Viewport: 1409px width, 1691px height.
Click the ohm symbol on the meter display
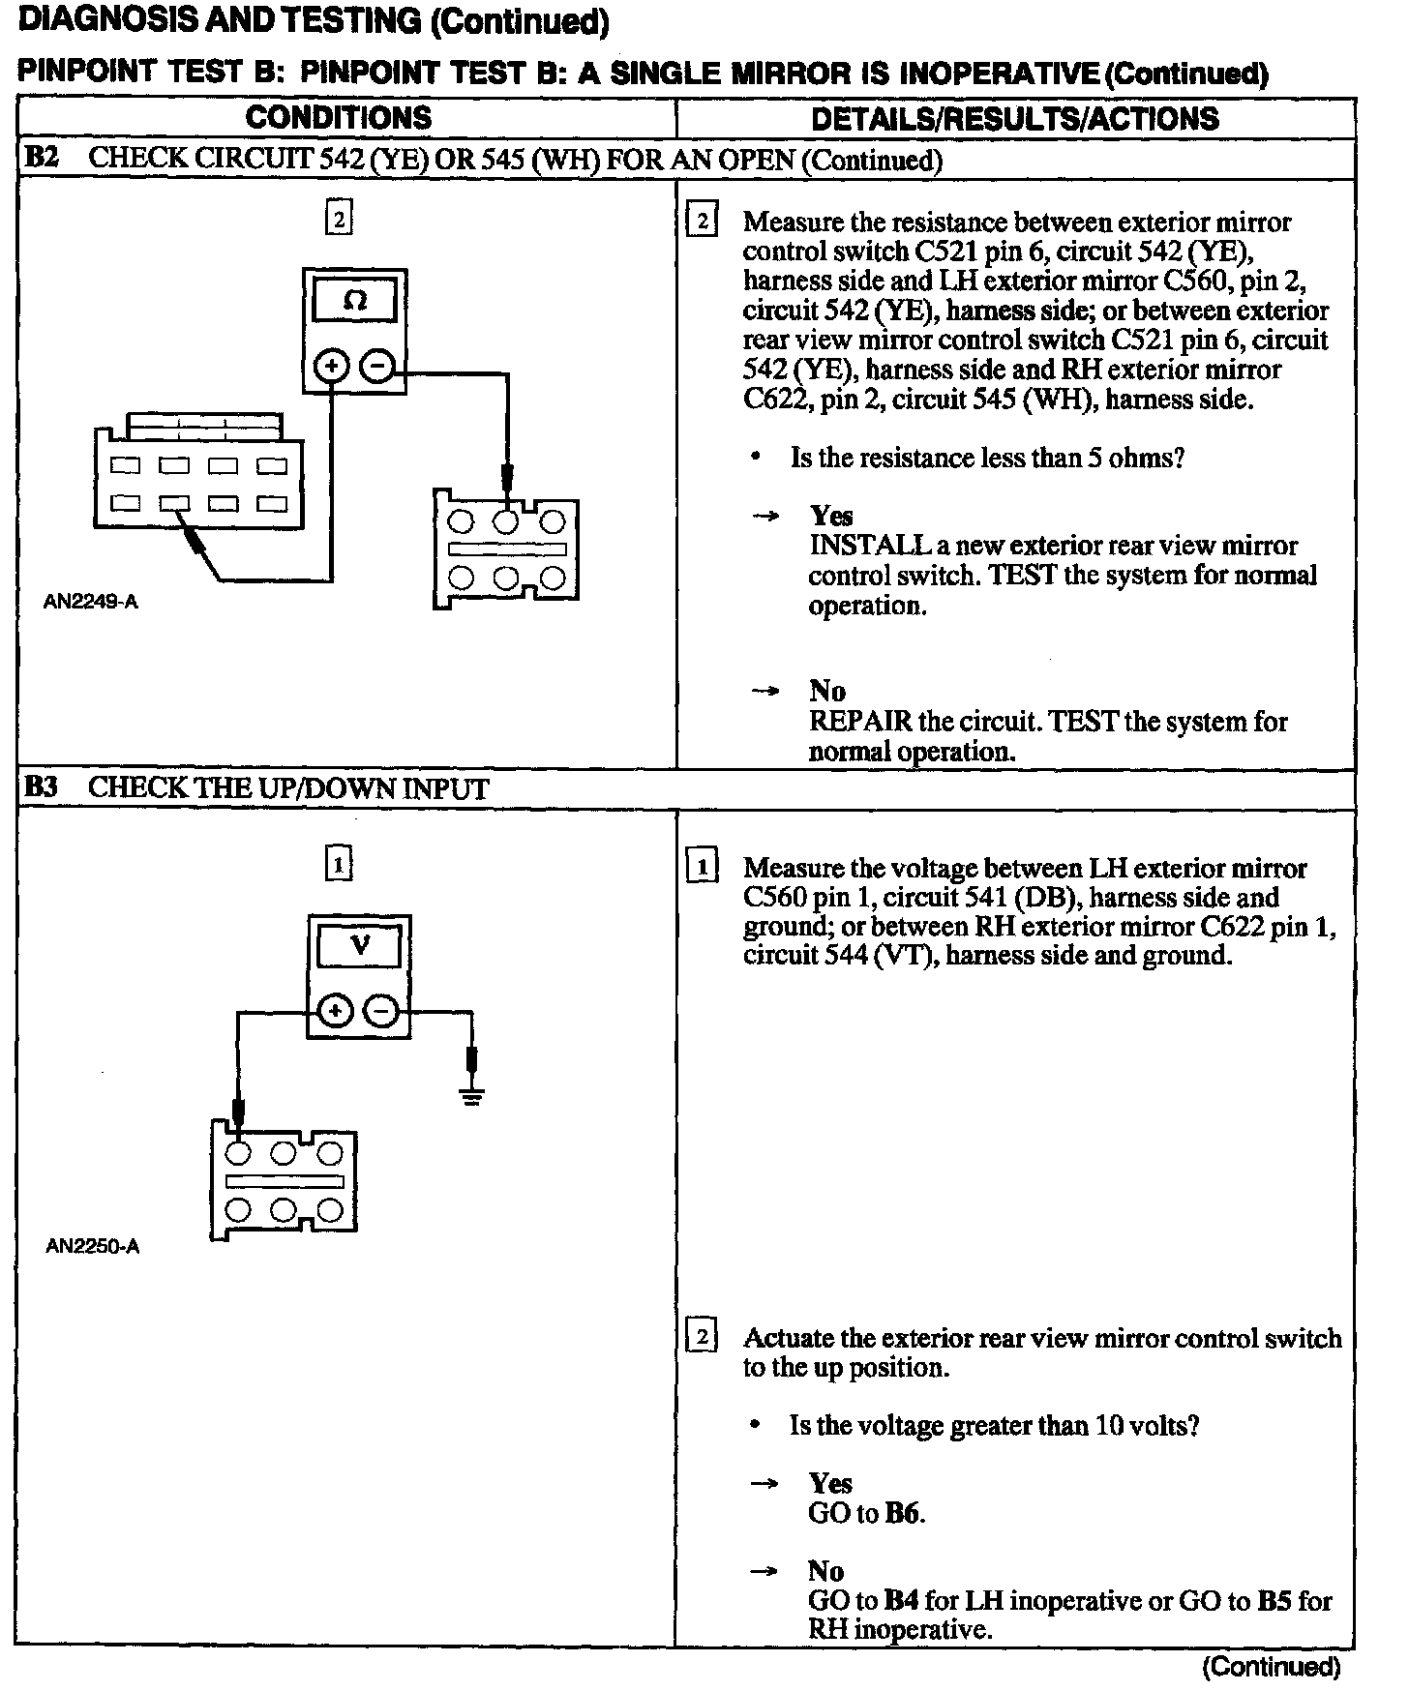pos(355,301)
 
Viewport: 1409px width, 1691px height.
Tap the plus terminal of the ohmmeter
pos(332,367)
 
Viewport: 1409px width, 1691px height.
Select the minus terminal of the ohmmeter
pos(377,367)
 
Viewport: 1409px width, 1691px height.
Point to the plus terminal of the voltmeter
pos(335,1012)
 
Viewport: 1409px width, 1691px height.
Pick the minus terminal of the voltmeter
pos(381,1012)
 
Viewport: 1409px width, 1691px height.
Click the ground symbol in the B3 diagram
pos(472,1097)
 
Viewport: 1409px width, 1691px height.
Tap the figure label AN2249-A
pos(91,602)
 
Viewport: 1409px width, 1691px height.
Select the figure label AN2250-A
pos(93,1246)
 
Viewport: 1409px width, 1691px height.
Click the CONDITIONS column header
pos(339,118)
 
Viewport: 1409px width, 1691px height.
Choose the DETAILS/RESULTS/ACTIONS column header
pos(1014,118)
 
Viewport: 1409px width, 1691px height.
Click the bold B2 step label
pos(41,159)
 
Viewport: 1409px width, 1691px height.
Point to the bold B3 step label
pos(41,787)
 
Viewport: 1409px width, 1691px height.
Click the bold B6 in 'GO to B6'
pos(902,1513)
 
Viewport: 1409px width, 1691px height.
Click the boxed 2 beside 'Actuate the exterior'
pos(701,1338)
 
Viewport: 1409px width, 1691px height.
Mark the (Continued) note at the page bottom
pos(1271,1666)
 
